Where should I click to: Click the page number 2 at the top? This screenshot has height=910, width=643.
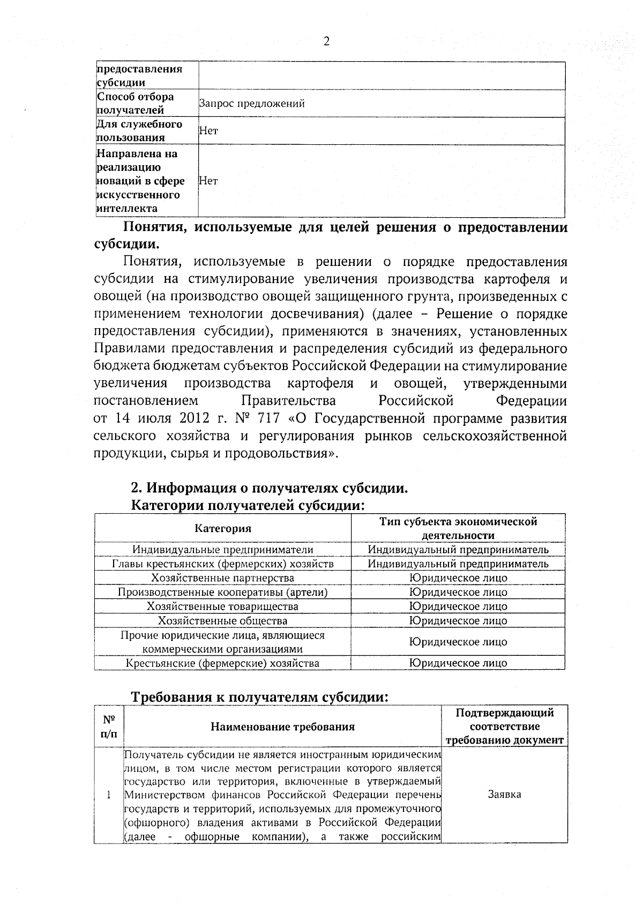(x=326, y=41)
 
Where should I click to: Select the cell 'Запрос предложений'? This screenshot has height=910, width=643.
(x=252, y=104)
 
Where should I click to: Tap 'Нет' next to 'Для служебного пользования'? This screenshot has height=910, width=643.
(x=208, y=131)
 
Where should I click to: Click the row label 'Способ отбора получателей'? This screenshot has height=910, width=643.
(x=135, y=103)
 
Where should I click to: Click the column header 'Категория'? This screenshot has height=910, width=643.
(x=222, y=529)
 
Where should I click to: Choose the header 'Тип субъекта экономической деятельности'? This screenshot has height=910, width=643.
(x=458, y=528)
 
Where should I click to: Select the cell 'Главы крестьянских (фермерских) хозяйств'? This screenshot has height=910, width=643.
(x=222, y=564)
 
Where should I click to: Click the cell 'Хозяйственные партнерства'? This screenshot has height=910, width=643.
(x=222, y=578)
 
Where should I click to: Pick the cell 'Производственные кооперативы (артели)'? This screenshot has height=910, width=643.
(x=222, y=592)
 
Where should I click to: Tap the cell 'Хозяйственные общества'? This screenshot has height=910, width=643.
(x=222, y=621)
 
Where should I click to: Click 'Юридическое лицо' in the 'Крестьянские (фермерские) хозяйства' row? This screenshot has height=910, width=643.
(x=458, y=663)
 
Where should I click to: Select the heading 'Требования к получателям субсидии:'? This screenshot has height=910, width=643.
(x=259, y=697)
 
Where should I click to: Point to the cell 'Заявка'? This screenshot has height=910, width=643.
(x=504, y=795)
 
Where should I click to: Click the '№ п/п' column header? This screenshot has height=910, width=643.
(x=109, y=727)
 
